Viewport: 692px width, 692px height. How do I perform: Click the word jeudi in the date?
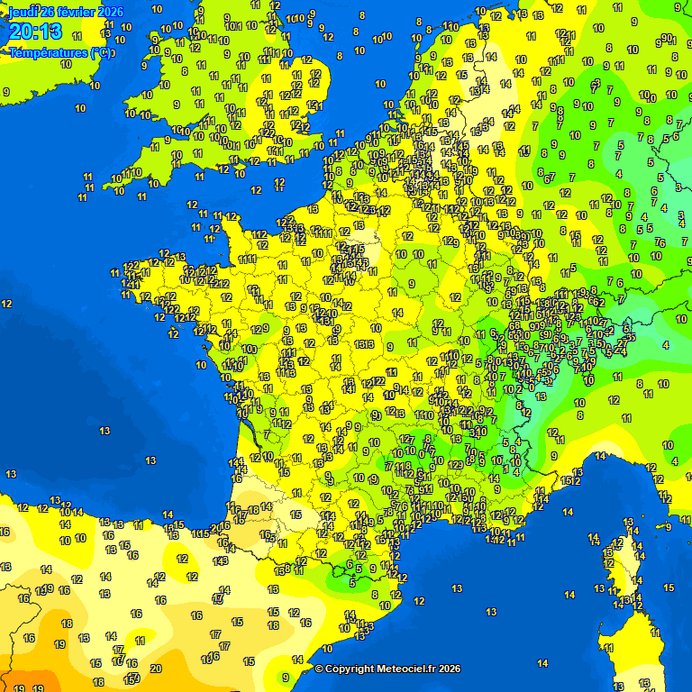23,11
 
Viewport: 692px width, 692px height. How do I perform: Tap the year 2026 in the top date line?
110,11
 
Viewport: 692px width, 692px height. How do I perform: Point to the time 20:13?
35,32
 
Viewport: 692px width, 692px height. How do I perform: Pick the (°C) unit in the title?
103,52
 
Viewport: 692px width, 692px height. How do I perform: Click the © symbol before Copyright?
318,669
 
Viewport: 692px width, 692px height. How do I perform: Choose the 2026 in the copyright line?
450,669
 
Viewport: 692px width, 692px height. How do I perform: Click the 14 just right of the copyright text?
542,663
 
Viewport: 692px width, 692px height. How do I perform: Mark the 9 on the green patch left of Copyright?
286,677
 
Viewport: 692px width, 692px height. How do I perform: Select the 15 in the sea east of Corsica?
668,587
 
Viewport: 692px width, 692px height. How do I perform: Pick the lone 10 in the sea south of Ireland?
80,108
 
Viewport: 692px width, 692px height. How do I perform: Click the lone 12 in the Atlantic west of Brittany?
7,304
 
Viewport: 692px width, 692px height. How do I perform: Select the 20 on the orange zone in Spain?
155,668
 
